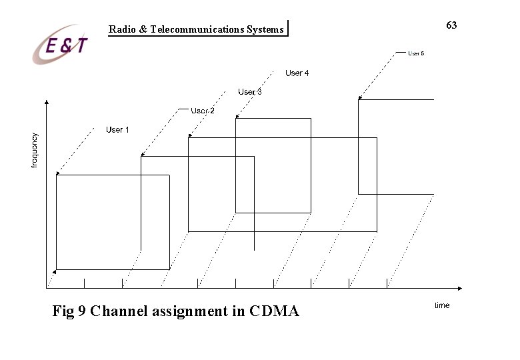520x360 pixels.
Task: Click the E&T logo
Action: [x=61, y=45]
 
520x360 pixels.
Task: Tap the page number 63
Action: [x=451, y=25]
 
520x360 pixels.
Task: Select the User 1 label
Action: [x=117, y=129]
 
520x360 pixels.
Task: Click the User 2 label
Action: [x=203, y=110]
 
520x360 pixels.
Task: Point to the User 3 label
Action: [x=250, y=91]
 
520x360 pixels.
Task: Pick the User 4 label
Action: [x=297, y=73]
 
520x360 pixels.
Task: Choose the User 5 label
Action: [x=416, y=53]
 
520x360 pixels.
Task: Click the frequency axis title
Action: [x=35, y=150]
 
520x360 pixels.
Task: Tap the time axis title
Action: [x=442, y=305]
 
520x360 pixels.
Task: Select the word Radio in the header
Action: [x=121, y=29]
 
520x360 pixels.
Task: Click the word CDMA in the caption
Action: [x=274, y=311]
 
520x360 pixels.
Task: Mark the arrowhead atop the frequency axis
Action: [x=46, y=103]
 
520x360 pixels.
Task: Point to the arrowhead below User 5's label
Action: [x=360, y=99]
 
